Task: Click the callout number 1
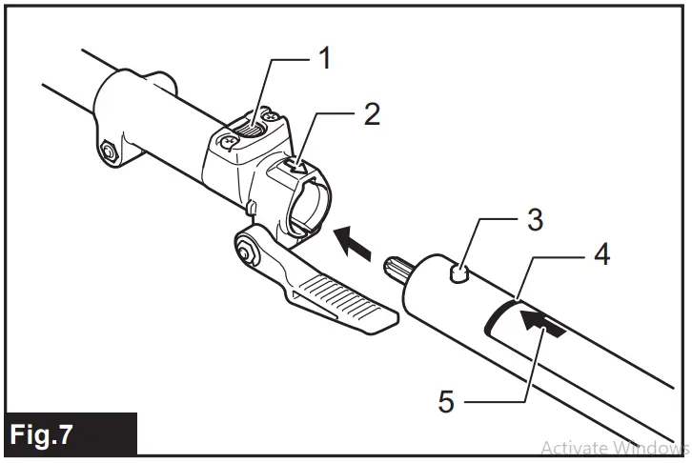point(325,59)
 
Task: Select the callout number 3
point(535,219)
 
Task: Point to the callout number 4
point(601,254)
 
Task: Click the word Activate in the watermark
point(573,447)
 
